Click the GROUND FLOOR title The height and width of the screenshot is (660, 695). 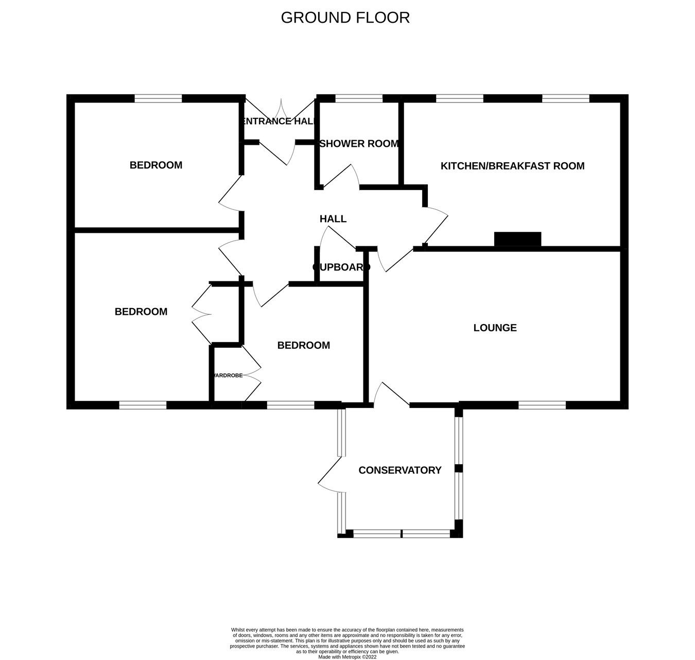click(345, 18)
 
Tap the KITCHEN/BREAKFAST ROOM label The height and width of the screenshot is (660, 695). click(512, 166)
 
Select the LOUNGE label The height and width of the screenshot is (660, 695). click(495, 328)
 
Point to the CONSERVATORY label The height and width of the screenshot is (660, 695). click(399, 470)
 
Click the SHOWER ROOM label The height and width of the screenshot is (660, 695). click(359, 144)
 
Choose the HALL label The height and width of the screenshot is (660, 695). click(333, 219)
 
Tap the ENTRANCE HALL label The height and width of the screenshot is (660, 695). click(279, 122)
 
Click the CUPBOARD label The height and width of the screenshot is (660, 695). click(341, 267)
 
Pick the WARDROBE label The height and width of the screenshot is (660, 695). click(228, 376)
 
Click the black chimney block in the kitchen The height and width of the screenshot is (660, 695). click(517, 239)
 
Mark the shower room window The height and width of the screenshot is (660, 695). click(358, 98)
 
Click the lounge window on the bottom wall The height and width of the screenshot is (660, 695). click(542, 405)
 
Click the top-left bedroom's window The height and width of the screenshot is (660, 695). click(159, 98)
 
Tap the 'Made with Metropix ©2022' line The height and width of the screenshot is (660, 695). click(347, 657)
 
